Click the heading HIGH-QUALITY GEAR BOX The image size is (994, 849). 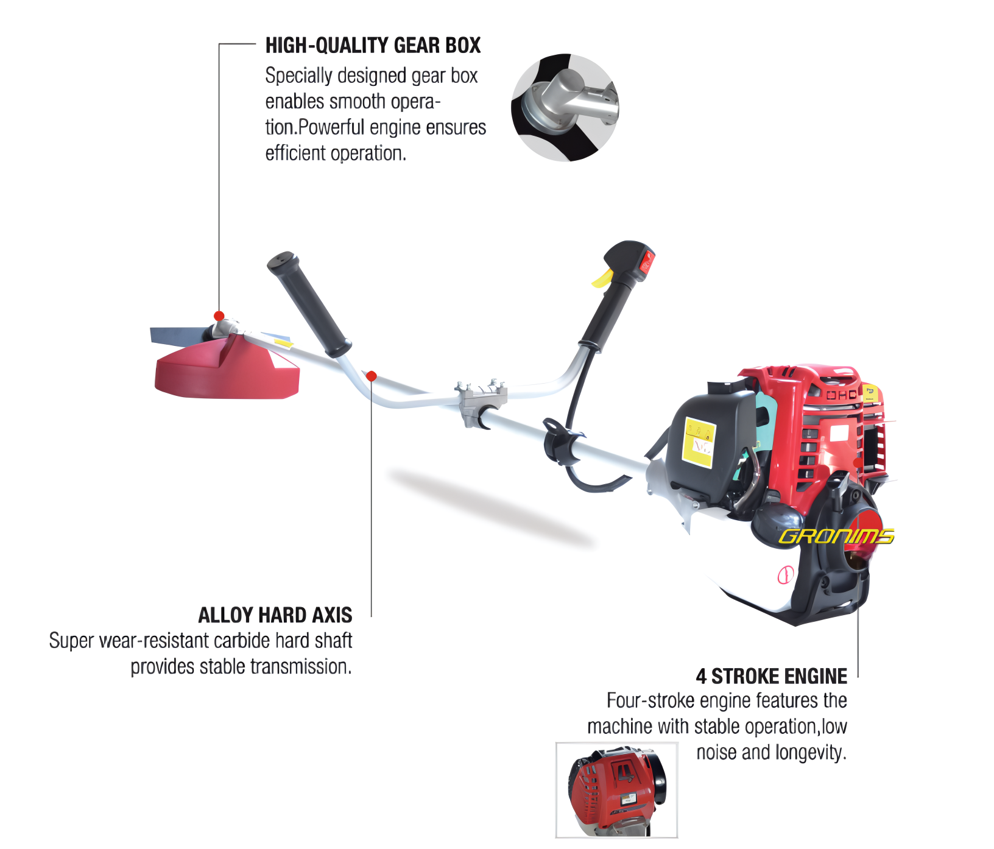[373, 46]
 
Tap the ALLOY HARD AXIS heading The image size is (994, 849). [275, 615]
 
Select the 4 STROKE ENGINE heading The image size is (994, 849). [772, 676]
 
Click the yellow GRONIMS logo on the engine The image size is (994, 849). [836, 536]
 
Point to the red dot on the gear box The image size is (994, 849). [219, 316]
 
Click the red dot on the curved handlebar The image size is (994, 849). [372, 376]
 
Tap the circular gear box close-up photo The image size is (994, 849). [565, 108]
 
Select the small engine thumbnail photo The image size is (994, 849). [616, 790]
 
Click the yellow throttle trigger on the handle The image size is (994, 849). [602, 278]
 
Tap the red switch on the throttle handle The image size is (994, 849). [646, 262]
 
